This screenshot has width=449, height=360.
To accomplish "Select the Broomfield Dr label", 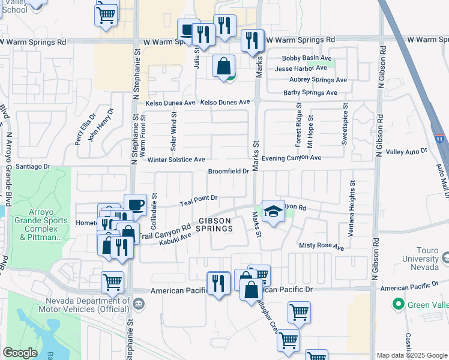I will tap(228, 172).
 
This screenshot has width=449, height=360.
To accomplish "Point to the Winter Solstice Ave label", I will tap(176, 160).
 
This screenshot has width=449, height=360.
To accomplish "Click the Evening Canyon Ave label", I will tap(292, 157).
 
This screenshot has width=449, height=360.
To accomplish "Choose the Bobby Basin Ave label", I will tap(307, 58).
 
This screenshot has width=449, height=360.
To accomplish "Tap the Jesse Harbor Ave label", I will tap(301, 68).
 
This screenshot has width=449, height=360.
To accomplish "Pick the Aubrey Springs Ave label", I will tap(315, 80).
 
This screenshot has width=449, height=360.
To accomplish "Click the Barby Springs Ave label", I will tap(310, 93).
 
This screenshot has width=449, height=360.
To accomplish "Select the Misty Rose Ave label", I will tap(321, 247).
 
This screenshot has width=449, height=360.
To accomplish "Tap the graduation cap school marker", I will tap(273, 211).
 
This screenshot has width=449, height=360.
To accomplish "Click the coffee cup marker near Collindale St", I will tap(136, 205).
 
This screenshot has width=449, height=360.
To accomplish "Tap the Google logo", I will tap(20, 353).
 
